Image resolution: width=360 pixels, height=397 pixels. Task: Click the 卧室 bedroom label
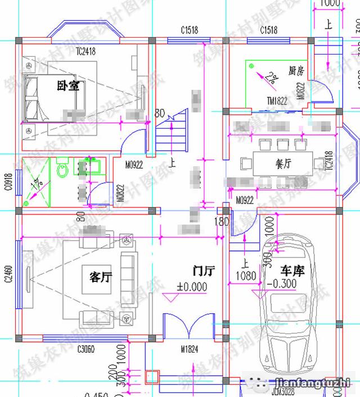click(x=67, y=86)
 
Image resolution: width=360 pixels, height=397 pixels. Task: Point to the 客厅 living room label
click(x=101, y=276)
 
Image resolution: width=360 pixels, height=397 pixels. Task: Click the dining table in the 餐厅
click(x=282, y=164)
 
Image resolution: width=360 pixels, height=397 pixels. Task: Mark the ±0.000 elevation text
click(x=192, y=287)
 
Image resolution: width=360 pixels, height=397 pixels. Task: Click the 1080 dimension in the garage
click(x=245, y=276)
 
